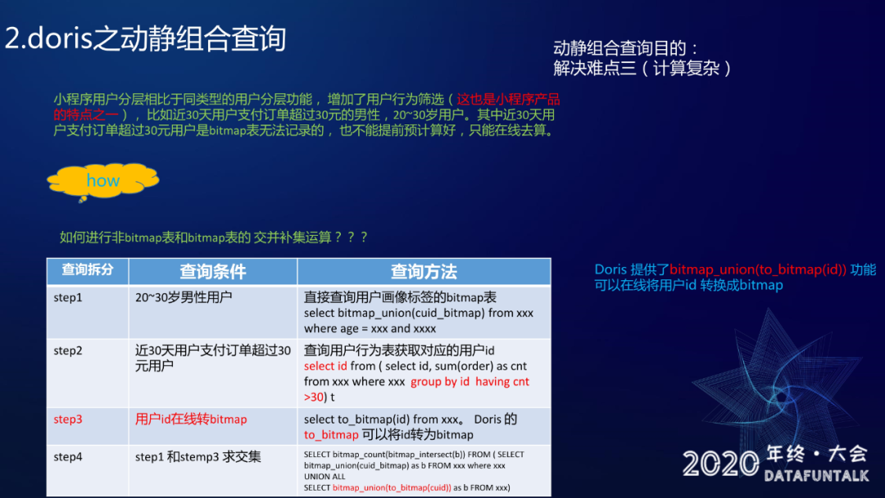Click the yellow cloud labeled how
[103, 180]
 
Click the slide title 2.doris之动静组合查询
[146, 38]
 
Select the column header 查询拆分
[88, 269]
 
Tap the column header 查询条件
[213, 272]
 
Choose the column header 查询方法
[424, 272]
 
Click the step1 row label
[68, 297]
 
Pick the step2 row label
[68, 351]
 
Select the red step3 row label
[68, 419]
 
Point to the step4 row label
[68, 456]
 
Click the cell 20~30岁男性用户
[184, 297]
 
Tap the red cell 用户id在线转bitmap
[191, 419]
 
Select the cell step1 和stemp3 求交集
[198, 456]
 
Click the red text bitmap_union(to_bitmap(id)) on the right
[758, 269]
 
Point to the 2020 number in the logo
[721, 464]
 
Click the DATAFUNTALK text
[817, 476]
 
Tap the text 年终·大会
[817, 454]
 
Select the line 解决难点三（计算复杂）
[642, 68]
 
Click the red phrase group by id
[440, 381]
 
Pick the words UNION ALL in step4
[324, 477]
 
